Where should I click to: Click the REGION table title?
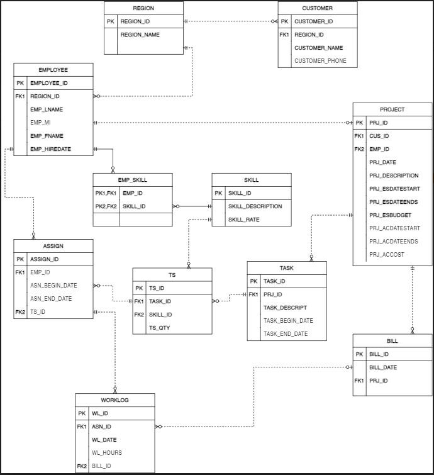[x=144, y=8]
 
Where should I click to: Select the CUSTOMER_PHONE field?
[x=320, y=61]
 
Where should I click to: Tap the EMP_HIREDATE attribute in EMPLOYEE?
[x=50, y=149]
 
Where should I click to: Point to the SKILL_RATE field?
[x=244, y=220]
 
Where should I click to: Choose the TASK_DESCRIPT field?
[x=285, y=308]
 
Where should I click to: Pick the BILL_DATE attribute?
[x=383, y=367]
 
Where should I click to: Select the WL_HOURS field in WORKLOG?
[x=107, y=453]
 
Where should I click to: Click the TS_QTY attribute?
[x=159, y=328]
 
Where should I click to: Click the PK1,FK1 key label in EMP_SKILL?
[x=106, y=193]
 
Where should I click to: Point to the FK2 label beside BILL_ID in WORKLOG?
[x=82, y=466]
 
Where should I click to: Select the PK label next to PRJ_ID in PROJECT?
[x=359, y=123]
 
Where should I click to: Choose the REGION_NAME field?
[x=140, y=35]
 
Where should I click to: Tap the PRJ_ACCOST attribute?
[x=386, y=255]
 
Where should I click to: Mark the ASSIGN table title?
[x=53, y=246]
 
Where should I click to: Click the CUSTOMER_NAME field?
[x=319, y=48]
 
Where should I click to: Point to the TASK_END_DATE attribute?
[x=286, y=334]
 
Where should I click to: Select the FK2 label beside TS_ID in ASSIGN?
[x=20, y=312]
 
